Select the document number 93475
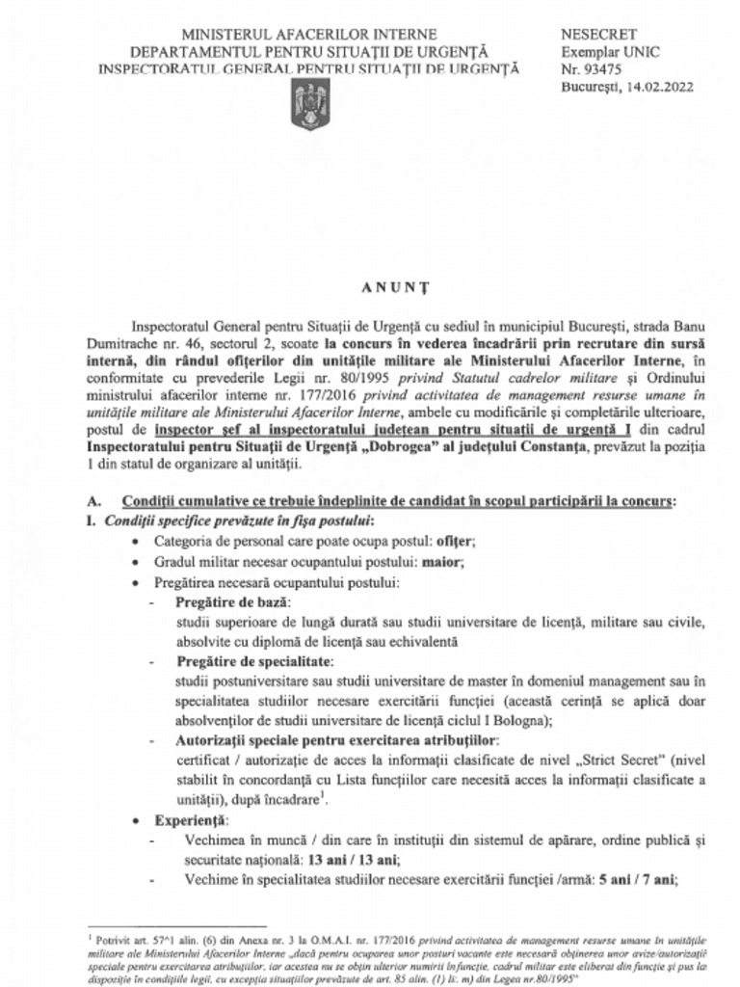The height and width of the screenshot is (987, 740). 606,69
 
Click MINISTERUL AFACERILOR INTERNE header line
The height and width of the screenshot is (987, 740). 308,36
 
